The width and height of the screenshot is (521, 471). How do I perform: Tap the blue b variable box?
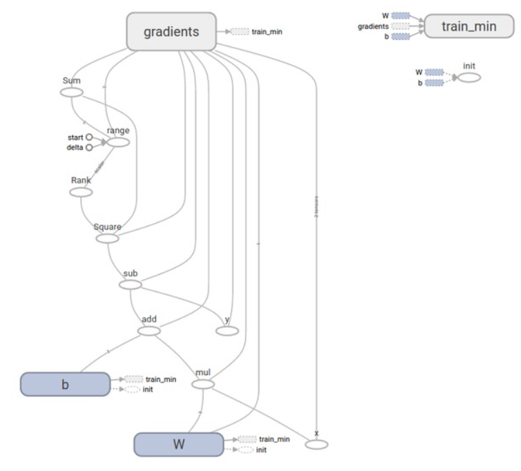click(65, 384)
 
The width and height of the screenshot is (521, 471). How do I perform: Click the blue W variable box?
click(178, 444)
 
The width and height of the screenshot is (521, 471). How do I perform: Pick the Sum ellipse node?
click(72, 92)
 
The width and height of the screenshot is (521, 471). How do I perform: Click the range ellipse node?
click(119, 142)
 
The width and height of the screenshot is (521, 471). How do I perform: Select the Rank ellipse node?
click(81, 191)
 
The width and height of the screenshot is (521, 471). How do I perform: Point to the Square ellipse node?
click(107, 238)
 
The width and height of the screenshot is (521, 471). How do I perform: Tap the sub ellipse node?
click(130, 284)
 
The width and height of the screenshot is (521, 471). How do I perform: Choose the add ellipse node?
click(149, 331)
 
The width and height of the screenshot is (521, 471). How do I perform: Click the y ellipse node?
click(227, 331)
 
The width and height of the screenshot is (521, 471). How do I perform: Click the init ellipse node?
click(469, 77)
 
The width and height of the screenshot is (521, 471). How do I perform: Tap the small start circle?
click(89, 137)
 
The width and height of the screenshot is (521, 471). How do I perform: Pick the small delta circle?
click(89, 147)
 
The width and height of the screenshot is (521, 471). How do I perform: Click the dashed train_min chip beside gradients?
click(239, 32)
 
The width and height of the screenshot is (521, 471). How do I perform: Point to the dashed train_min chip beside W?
click(246, 439)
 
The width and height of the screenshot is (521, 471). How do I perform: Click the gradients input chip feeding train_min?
click(400, 26)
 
